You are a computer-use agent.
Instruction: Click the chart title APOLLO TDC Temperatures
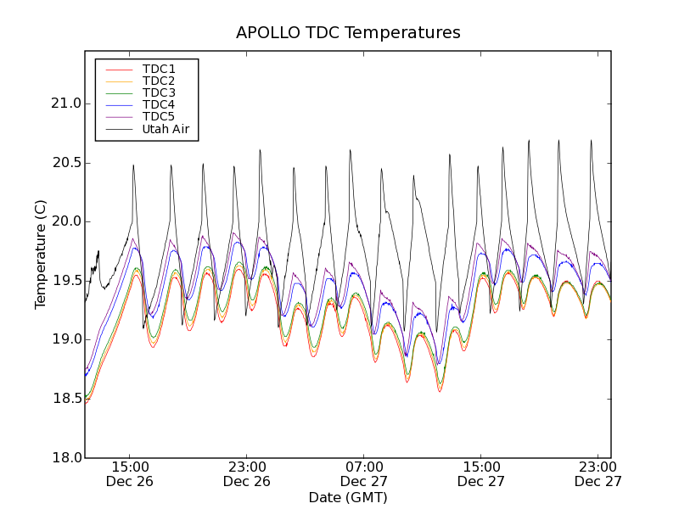[348, 33]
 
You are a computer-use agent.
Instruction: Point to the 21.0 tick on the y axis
[65, 103]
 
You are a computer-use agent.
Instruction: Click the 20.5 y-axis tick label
[65, 163]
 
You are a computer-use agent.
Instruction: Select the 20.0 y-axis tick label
[65, 221]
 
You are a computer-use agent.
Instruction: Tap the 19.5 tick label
[65, 281]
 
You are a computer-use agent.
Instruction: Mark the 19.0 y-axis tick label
[65, 339]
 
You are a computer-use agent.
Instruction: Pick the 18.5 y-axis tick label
[65, 399]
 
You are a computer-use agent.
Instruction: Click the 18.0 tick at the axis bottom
[65, 457]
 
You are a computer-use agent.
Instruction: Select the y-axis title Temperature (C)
[41, 255]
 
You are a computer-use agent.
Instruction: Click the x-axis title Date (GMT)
[348, 497]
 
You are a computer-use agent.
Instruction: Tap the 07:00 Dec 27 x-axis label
[364, 474]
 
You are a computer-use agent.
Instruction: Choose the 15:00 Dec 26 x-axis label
[130, 474]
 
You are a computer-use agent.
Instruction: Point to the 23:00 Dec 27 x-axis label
[598, 474]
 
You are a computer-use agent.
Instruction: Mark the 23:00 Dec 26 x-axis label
[247, 474]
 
